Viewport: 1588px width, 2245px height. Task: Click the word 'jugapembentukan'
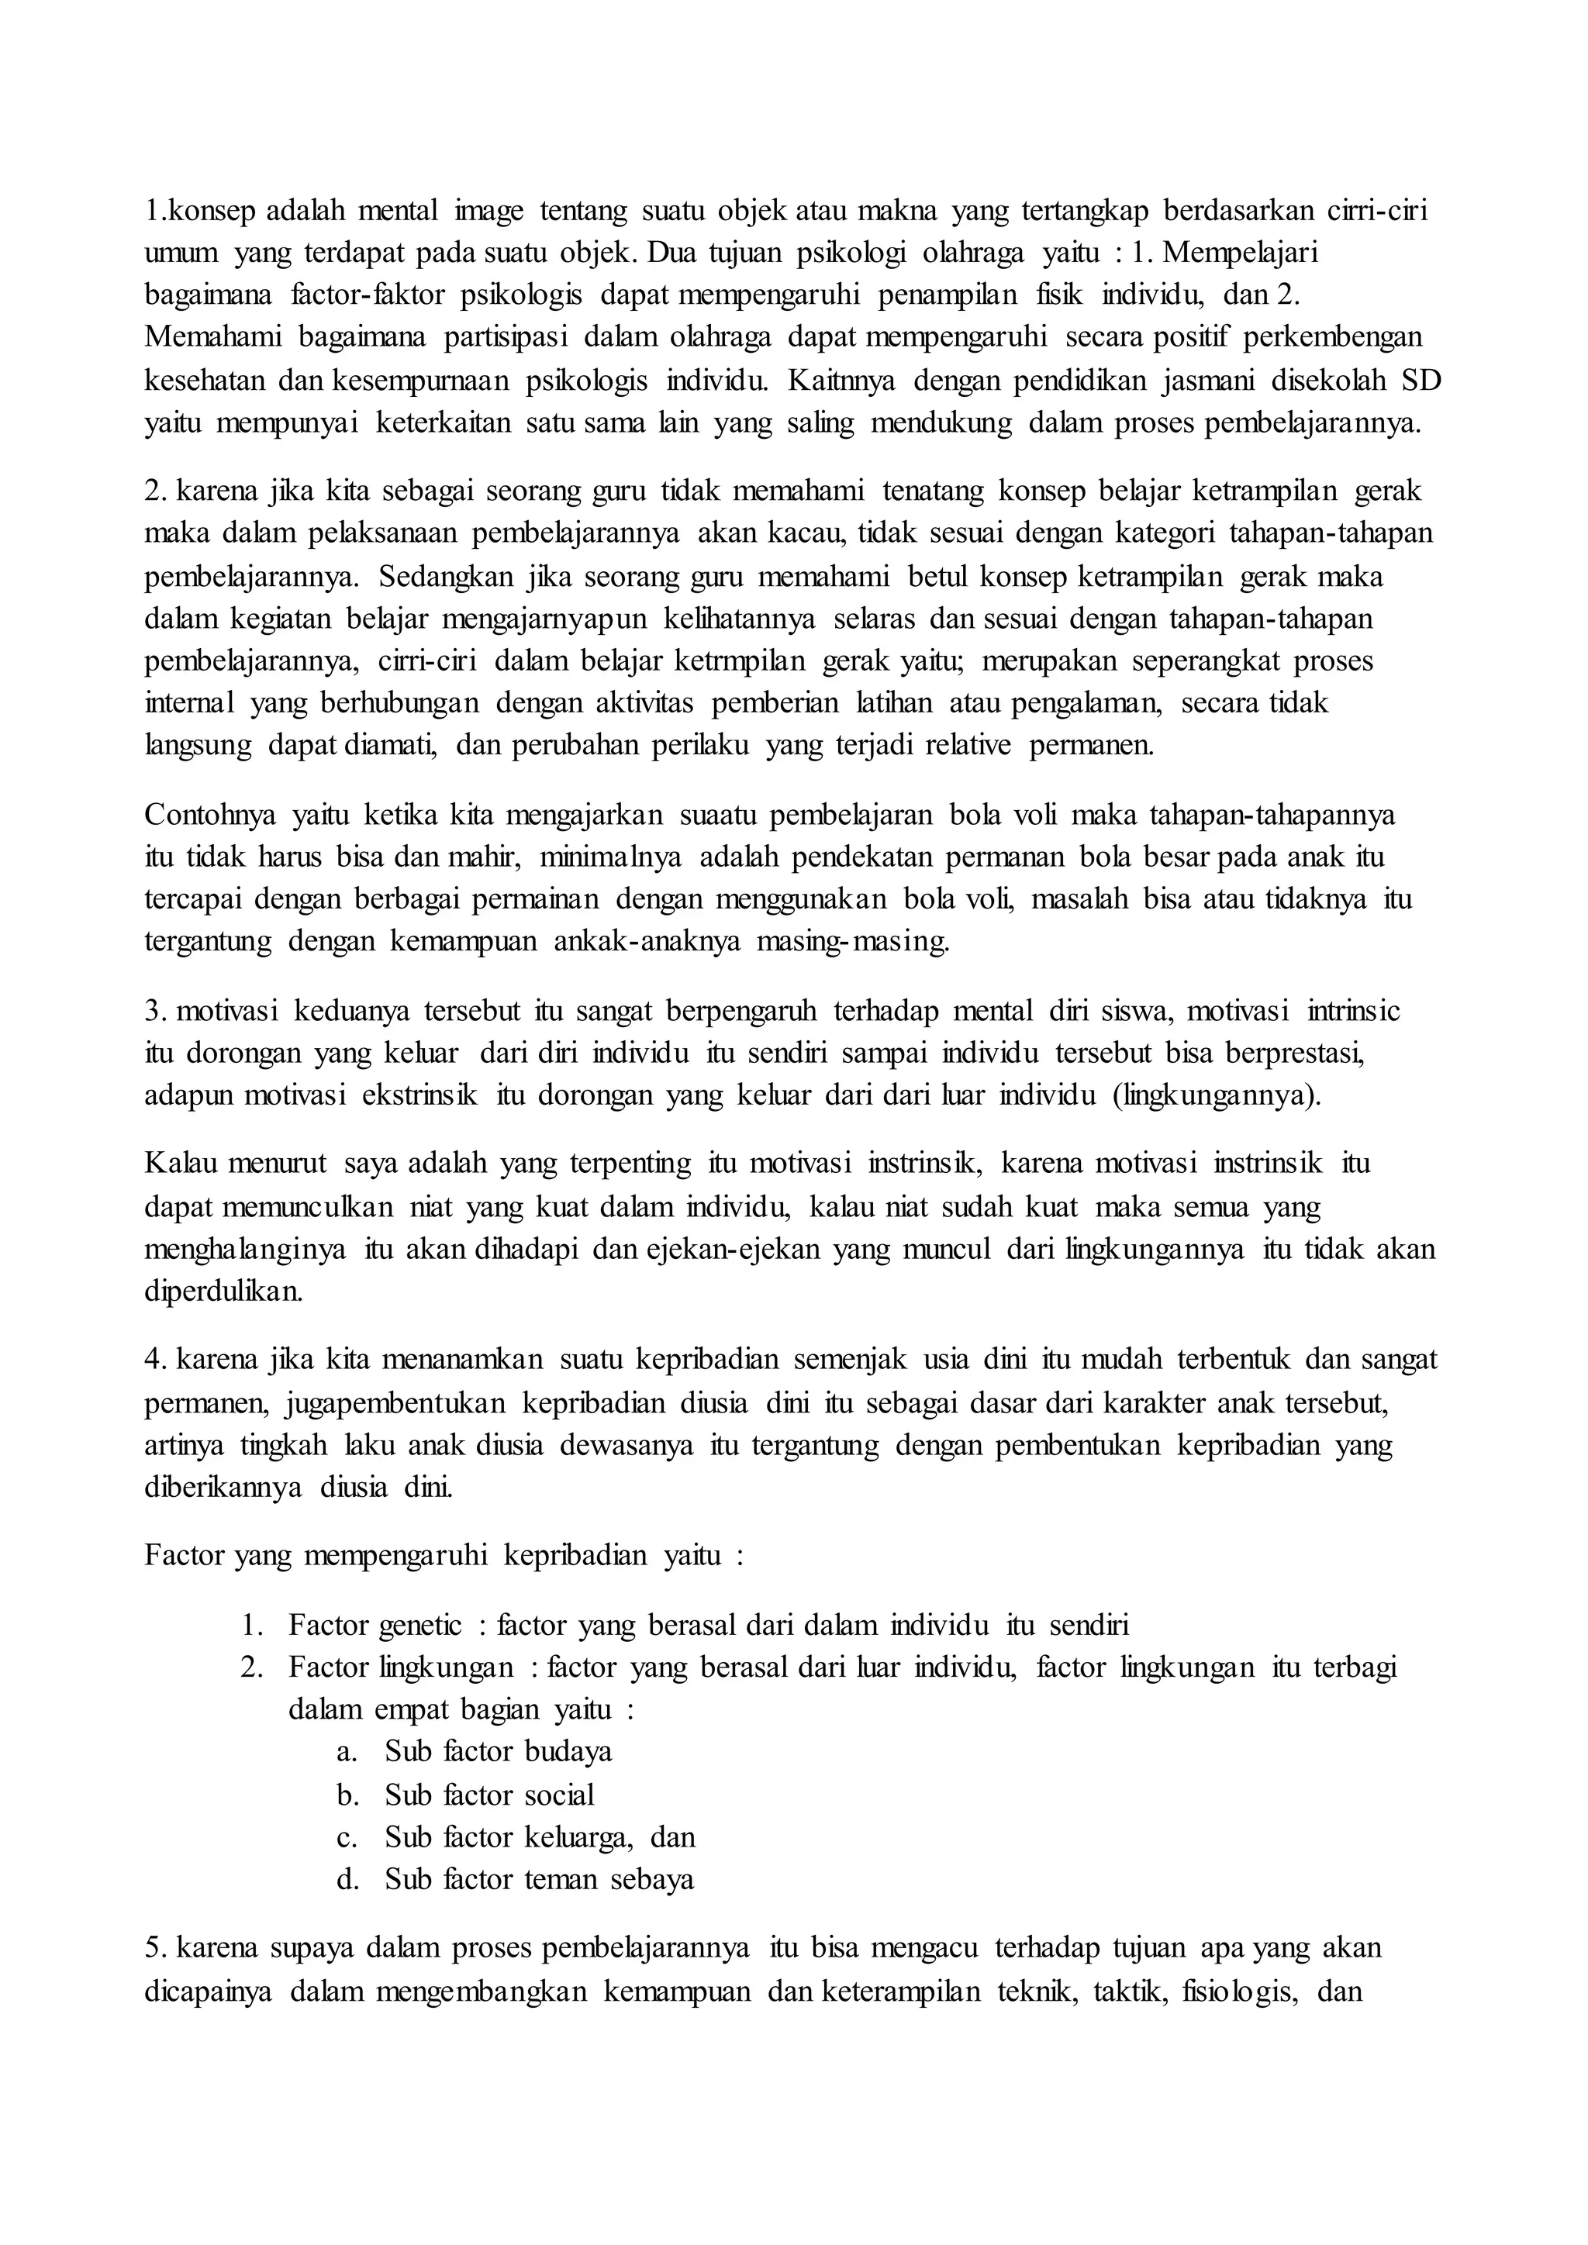[395, 1404]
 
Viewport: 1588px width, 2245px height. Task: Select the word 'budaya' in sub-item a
[568, 1751]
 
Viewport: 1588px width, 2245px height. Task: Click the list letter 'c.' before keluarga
[346, 1837]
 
